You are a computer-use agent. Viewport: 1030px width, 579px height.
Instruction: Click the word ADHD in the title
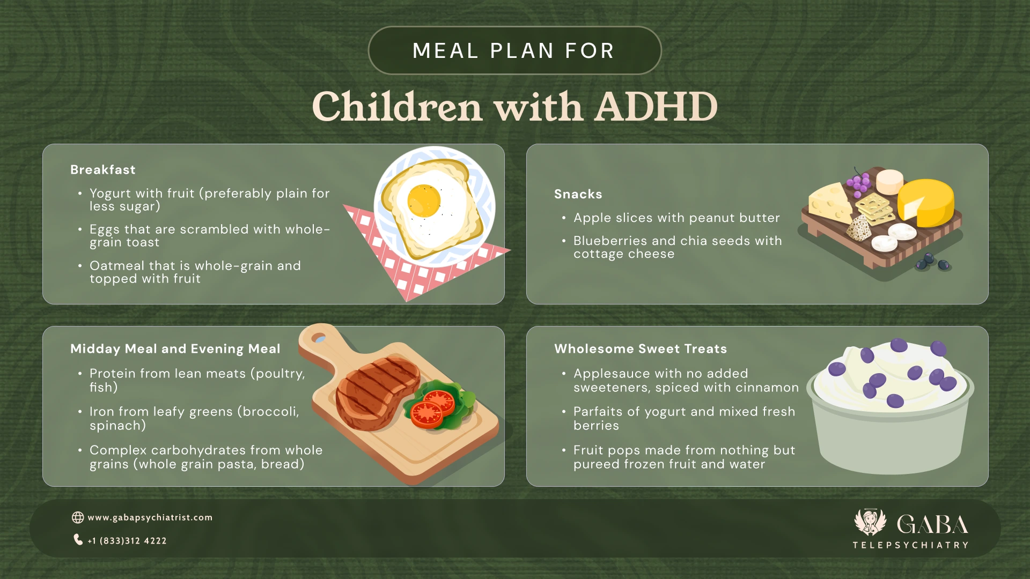[656, 107]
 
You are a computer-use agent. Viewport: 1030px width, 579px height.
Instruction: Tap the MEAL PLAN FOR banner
[514, 51]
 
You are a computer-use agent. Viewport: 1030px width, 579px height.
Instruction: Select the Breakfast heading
[103, 170]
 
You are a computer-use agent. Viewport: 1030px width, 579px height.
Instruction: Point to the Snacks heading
[578, 194]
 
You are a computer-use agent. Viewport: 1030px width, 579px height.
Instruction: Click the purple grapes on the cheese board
[859, 182]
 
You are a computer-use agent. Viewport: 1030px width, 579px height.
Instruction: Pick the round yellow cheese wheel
[926, 203]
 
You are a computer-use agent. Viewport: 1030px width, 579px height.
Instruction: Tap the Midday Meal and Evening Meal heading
[175, 349]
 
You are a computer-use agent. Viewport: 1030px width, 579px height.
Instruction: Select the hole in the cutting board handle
[320, 338]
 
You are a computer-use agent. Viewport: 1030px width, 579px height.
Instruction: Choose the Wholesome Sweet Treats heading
[640, 349]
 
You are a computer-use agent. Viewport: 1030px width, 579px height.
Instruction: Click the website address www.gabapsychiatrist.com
[150, 517]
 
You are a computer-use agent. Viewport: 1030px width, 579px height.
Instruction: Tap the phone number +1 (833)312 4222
[127, 541]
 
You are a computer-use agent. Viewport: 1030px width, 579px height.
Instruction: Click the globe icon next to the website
[78, 517]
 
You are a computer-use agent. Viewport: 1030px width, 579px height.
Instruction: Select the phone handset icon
[78, 539]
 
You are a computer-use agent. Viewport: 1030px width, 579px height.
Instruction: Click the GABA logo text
[932, 525]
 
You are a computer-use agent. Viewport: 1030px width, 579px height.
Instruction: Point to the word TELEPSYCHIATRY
[910, 545]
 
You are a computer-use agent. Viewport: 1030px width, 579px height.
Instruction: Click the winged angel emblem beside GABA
[870, 522]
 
